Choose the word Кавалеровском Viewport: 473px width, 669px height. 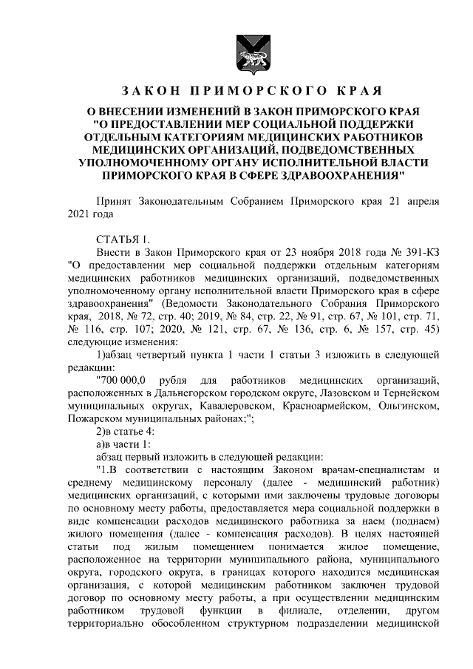point(237,406)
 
